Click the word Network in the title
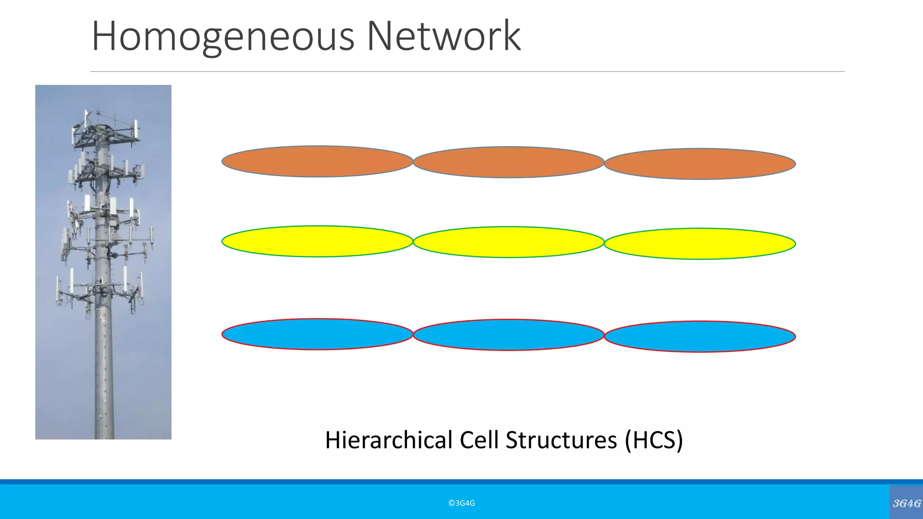443,36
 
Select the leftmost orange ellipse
317,161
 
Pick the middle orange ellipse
508,162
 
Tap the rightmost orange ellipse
700,164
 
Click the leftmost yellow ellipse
317,241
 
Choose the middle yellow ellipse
508,242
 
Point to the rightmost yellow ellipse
700,244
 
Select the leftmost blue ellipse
317,334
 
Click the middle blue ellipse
508,335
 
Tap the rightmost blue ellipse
700,337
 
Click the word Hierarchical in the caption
388,440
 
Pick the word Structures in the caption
561,440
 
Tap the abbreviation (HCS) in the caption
653,440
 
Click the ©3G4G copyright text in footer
461,503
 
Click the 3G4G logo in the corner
906,503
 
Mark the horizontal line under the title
467,72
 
